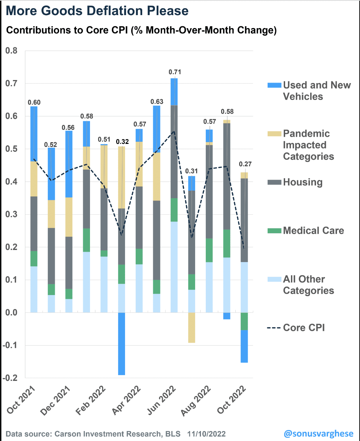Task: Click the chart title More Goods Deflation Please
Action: (97, 11)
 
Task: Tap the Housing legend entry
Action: (302, 182)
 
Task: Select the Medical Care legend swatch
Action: (274, 230)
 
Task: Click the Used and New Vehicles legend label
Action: (316, 91)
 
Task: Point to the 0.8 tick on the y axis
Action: (11, 51)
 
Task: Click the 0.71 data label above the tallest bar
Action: (175, 72)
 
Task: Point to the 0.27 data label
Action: (245, 164)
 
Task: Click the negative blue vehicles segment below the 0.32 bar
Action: (122, 343)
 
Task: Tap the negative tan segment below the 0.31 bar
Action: (192, 327)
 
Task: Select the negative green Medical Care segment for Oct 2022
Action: (244, 321)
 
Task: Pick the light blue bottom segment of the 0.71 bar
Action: (174, 267)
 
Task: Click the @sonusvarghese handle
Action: (318, 434)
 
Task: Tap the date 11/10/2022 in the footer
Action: (206, 434)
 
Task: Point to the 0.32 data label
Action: (122, 142)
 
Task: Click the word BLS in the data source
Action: (173, 434)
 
